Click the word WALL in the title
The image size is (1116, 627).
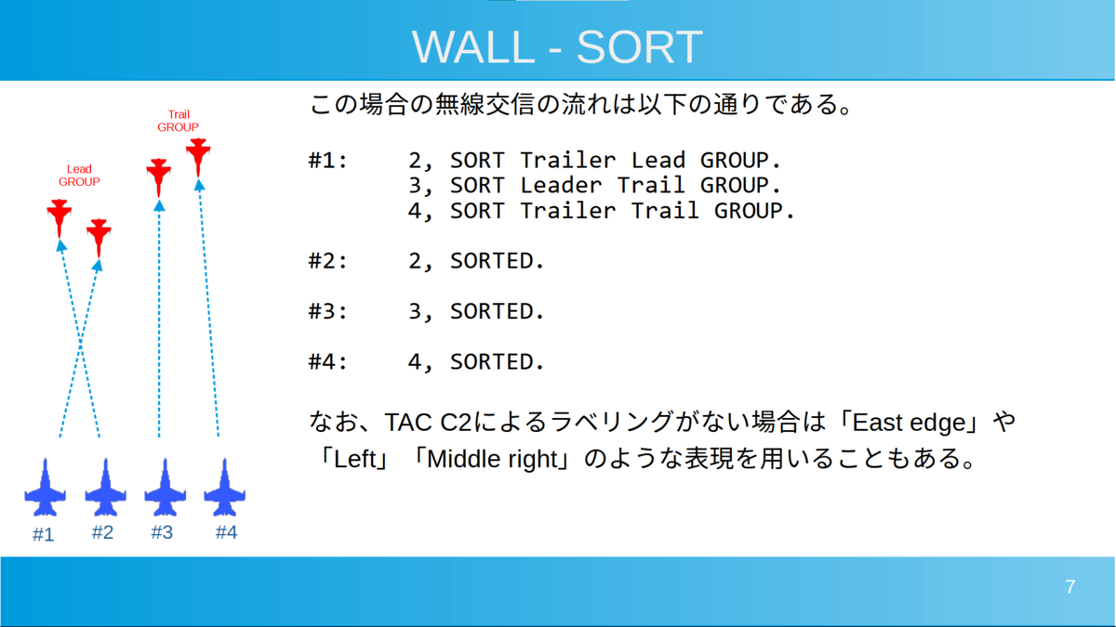[x=472, y=46]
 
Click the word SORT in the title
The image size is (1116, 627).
[x=639, y=46]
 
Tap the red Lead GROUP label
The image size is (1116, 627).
[x=79, y=176]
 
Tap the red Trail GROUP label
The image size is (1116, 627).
[x=178, y=121]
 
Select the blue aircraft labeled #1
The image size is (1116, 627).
[x=45, y=488]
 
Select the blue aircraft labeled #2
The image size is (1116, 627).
[x=105, y=488]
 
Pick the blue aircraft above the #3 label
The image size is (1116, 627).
[x=165, y=488]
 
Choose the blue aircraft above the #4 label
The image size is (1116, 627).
[x=224, y=488]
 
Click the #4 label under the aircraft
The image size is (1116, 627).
[x=226, y=532]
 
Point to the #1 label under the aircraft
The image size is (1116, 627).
[x=43, y=534]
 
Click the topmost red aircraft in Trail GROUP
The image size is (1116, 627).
[x=198, y=157]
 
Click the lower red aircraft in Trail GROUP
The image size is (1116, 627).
[x=158, y=177]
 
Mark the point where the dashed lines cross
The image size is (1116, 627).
[x=80, y=343]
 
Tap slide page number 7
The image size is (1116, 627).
[x=1069, y=587]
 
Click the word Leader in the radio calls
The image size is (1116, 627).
[x=561, y=185]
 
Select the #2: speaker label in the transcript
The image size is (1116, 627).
[x=327, y=261]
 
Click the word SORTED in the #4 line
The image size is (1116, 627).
[x=497, y=361]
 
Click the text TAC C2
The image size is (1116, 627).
[x=428, y=423]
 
